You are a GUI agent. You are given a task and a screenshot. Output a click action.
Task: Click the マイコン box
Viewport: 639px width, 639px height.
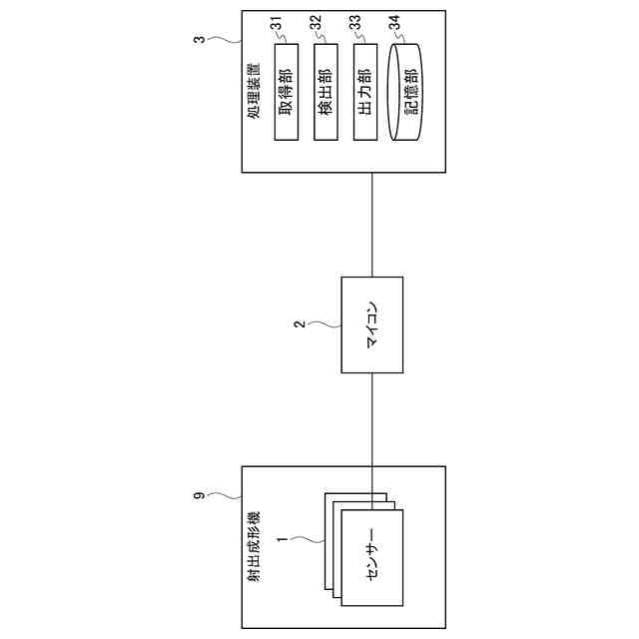tap(372, 325)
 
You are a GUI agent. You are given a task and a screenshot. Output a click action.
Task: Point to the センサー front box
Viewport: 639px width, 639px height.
tap(372, 556)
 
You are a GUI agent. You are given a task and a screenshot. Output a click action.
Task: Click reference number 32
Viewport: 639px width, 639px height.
tap(315, 21)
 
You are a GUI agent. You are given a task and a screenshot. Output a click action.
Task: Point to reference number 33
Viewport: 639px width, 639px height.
tap(354, 21)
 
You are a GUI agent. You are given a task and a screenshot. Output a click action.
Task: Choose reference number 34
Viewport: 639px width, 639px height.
tap(395, 21)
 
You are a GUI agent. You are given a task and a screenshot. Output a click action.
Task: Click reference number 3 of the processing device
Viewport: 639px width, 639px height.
tap(199, 41)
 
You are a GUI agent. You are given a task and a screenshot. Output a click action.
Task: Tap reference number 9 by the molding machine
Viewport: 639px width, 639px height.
tap(199, 493)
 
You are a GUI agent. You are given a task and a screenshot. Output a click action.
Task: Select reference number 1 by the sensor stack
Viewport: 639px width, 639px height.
tap(283, 540)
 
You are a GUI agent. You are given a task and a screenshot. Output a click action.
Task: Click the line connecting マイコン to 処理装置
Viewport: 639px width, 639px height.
tap(372, 225)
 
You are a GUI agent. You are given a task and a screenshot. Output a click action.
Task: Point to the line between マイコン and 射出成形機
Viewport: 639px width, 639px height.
tap(372, 419)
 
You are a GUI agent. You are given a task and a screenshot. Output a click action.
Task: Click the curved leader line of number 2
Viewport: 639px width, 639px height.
tap(324, 324)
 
